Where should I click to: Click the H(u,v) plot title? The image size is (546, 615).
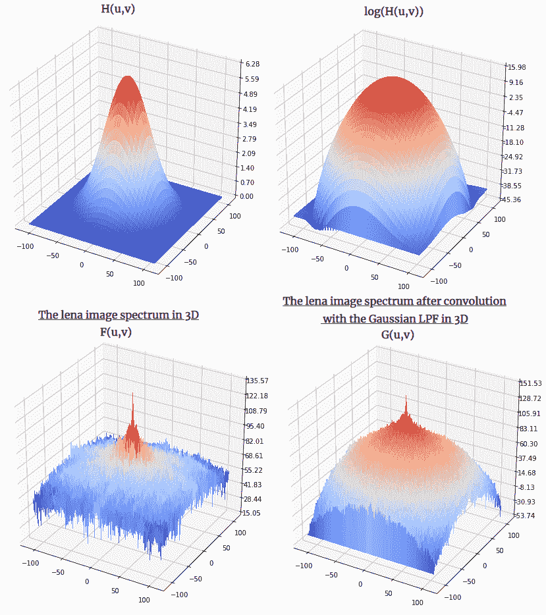[119, 9]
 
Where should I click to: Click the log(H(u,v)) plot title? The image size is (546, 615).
[394, 13]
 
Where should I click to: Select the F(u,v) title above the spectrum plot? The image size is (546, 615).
[116, 333]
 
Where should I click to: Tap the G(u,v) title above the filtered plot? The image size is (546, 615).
[398, 335]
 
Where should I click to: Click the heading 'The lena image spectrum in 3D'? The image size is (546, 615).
[119, 315]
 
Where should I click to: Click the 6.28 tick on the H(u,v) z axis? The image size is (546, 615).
[251, 64]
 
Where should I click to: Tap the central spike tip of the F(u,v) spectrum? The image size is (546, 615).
[132, 394]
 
